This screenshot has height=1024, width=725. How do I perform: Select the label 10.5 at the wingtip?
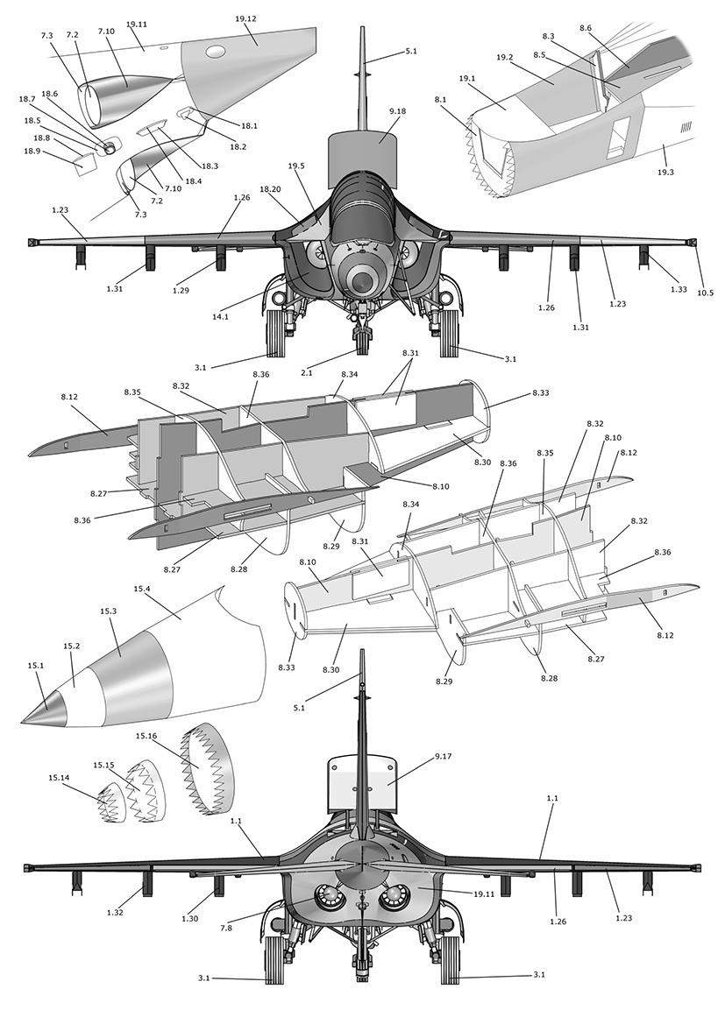tap(705, 293)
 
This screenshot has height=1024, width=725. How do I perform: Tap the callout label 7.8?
tap(226, 928)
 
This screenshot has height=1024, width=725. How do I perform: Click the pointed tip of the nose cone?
tap(24, 722)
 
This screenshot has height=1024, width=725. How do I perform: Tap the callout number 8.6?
tap(585, 28)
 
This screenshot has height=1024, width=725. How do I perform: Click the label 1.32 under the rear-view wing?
tap(115, 913)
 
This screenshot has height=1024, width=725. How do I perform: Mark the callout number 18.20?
tap(270, 188)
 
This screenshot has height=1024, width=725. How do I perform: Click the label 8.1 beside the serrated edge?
tap(440, 100)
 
